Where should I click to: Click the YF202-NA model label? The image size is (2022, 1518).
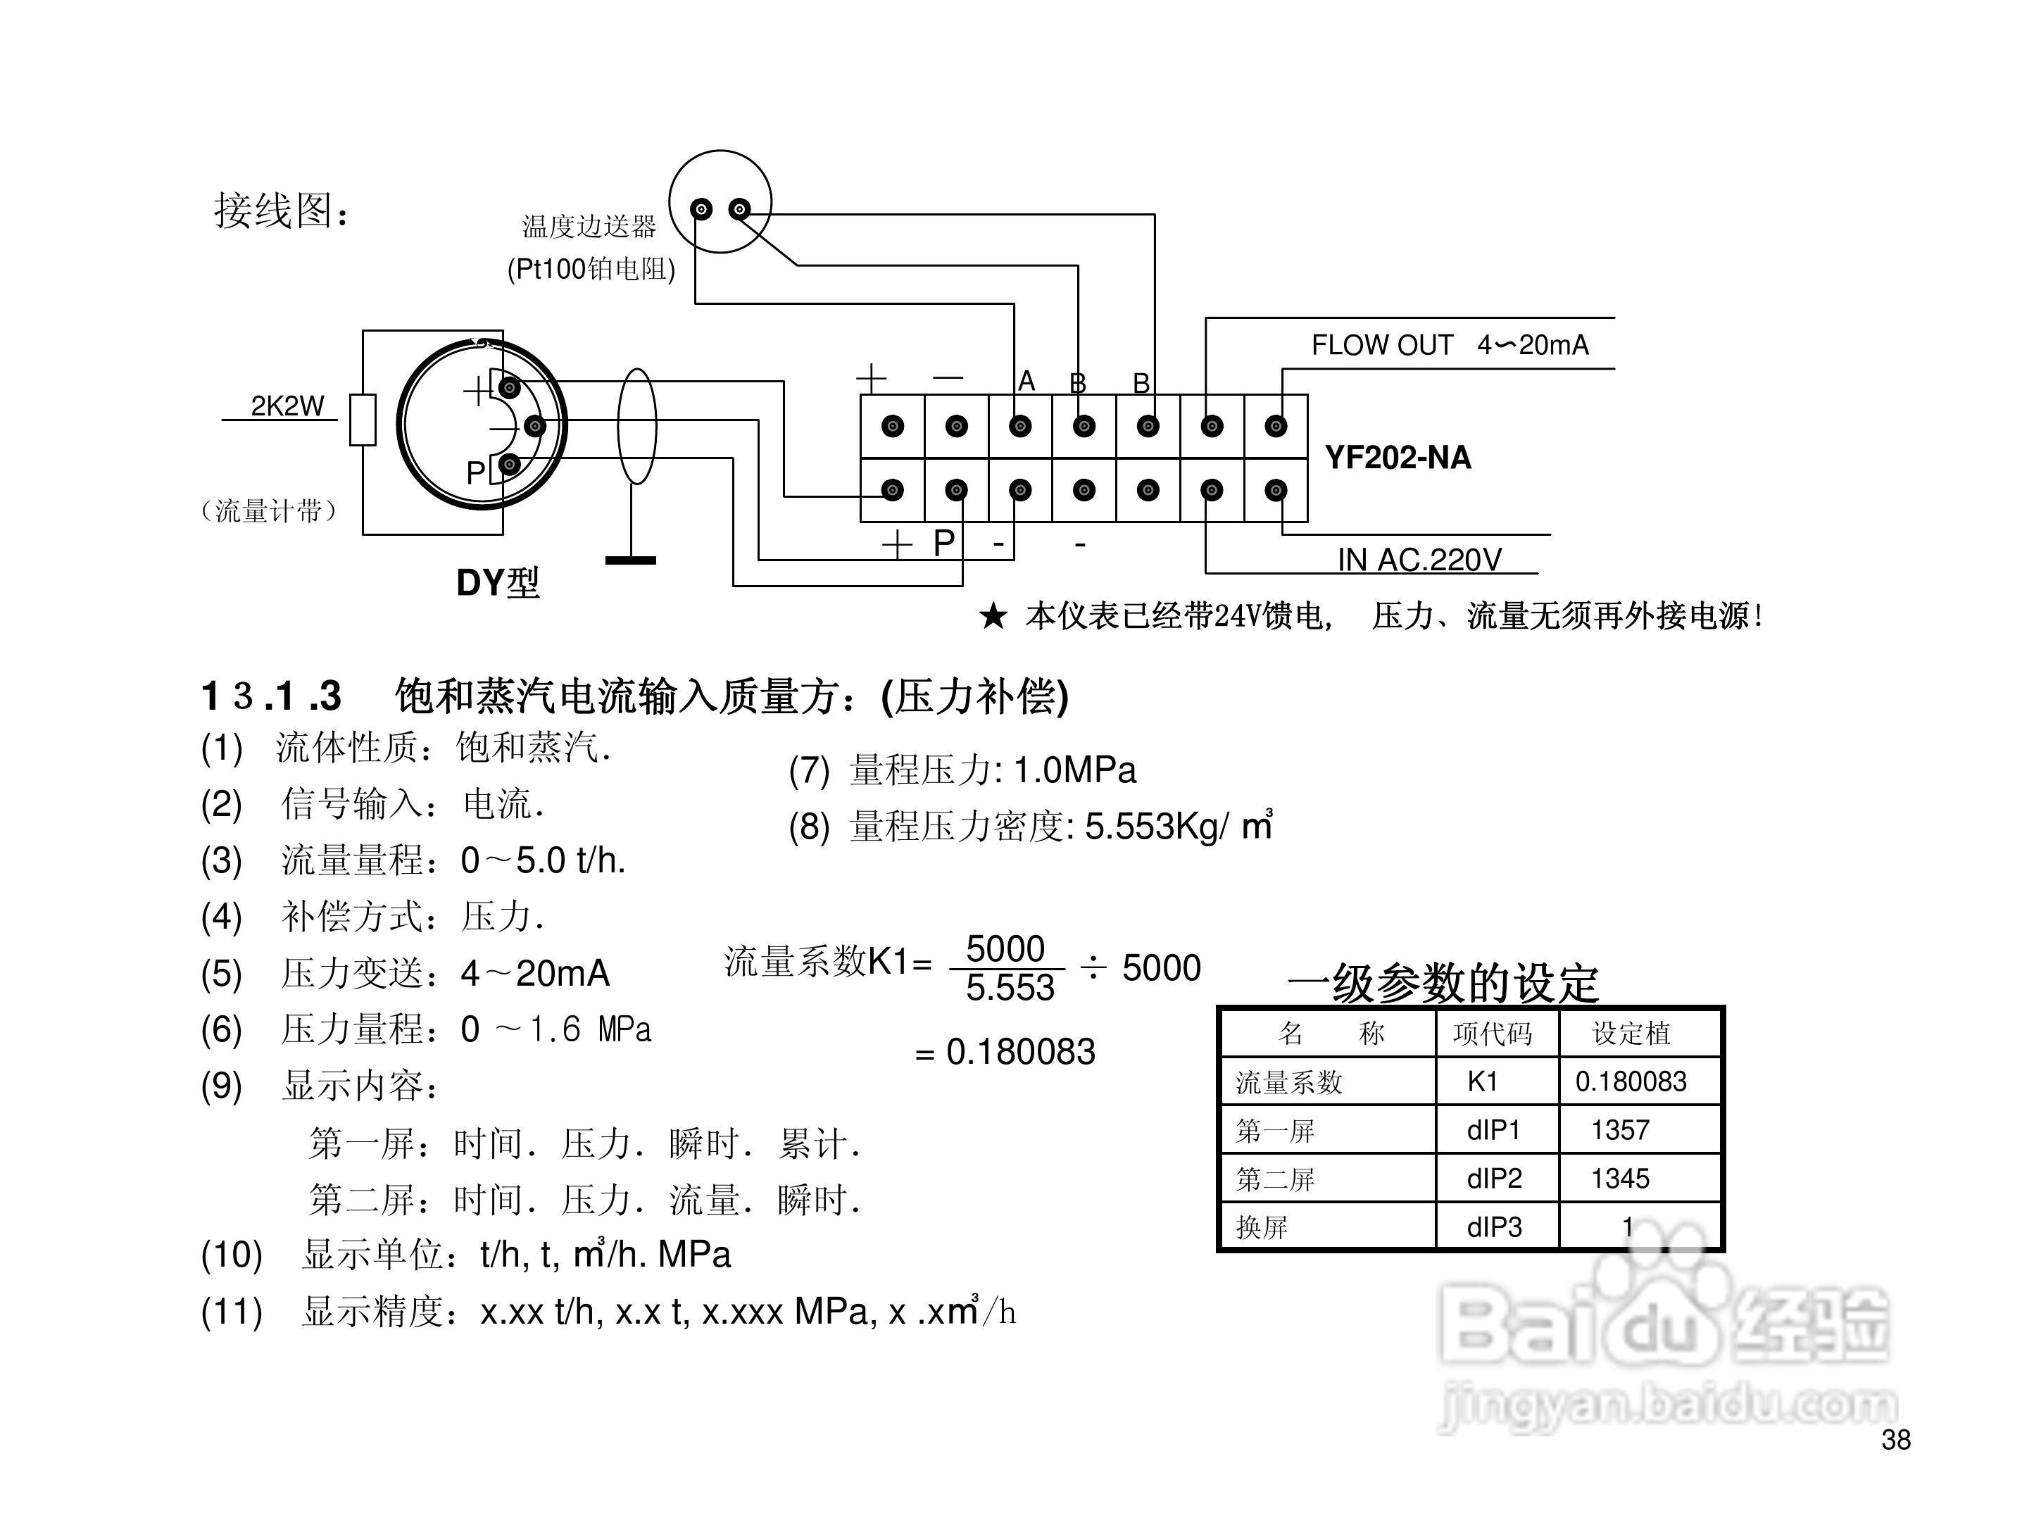click(x=1397, y=457)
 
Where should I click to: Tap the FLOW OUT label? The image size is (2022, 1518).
click(x=1381, y=346)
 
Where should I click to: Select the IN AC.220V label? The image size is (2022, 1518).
click(x=1419, y=559)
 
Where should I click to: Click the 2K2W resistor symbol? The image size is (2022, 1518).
click(x=363, y=420)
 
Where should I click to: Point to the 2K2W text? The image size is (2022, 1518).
click(x=287, y=406)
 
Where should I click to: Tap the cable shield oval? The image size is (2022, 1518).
click(x=637, y=426)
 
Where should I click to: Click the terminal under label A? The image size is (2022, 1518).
click(x=1020, y=426)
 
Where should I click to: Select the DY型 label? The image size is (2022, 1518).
click(x=497, y=582)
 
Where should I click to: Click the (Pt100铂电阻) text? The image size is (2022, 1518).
click(x=591, y=269)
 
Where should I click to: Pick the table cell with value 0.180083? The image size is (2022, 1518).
click(x=1630, y=1082)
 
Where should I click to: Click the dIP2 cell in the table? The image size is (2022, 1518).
click(x=1494, y=1179)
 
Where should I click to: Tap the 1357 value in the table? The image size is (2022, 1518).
click(x=1620, y=1131)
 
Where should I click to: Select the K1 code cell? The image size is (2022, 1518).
click(x=1482, y=1082)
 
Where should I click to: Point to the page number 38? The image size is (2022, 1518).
click(x=1895, y=1441)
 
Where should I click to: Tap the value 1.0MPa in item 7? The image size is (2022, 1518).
click(x=1075, y=770)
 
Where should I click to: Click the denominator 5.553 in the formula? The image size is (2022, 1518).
click(x=1010, y=988)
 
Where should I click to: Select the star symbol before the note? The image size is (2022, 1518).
click(x=993, y=617)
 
